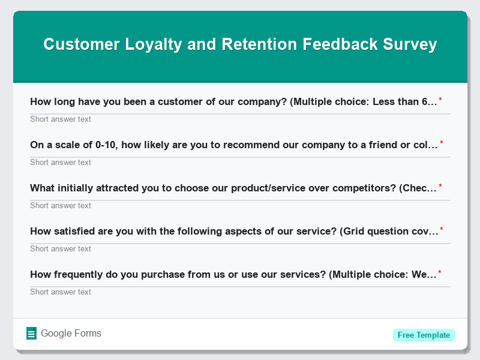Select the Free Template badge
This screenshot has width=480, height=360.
[x=424, y=335]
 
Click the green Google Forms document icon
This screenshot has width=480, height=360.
[x=32, y=334]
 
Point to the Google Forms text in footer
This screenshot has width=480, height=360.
[x=71, y=334]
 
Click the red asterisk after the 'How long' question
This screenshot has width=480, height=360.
[x=440, y=100]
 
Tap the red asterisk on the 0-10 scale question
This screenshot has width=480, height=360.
[x=442, y=143]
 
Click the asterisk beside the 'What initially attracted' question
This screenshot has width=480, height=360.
[x=440, y=186]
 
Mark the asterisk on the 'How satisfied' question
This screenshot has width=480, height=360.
[x=442, y=229]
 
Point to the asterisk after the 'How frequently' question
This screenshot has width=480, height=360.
[x=440, y=272]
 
